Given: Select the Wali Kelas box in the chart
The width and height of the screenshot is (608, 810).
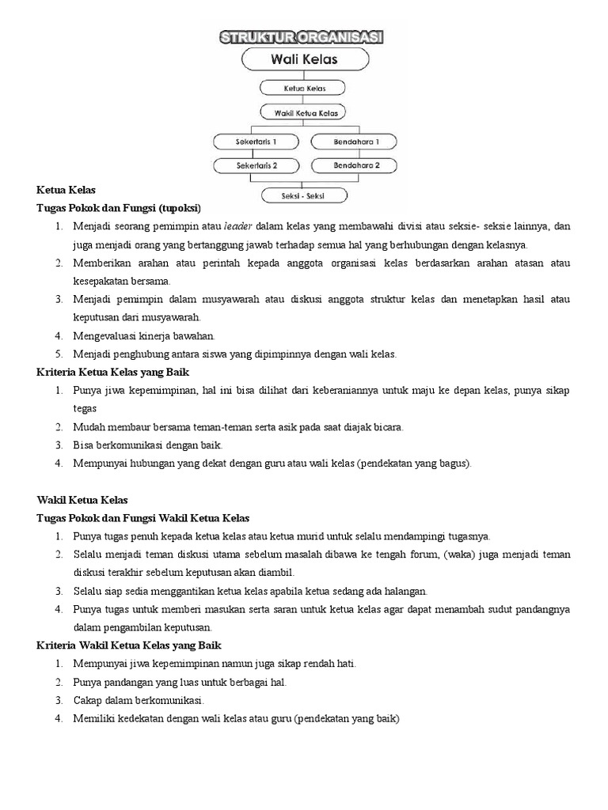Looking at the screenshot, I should pos(304,59).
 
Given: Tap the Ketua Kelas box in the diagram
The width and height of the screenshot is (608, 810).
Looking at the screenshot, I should pos(304,89).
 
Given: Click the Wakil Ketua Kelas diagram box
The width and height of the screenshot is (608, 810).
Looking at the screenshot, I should pos(304,113).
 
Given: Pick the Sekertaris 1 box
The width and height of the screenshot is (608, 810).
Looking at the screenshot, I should pos(256,142).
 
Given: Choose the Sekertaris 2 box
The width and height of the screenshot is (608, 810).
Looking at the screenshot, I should pos(256,166).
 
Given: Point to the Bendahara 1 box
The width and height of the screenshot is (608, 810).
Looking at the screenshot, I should pos(355,142).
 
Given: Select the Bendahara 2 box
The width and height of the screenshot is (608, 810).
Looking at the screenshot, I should pos(355,166).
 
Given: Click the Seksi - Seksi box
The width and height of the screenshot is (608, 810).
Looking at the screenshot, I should pos(304,195).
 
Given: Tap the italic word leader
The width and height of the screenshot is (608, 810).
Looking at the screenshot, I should pos(238,226).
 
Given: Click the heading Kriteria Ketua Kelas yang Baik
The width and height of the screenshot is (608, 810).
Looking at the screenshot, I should pos(113,372).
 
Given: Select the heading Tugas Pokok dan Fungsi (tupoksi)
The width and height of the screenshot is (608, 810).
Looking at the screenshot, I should pos(119,208).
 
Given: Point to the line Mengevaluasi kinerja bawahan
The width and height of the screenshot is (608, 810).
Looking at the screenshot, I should pos(139,335).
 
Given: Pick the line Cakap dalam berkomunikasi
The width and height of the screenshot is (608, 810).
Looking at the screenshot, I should pos(139,700).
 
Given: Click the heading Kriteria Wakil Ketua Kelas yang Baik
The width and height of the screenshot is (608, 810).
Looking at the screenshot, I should pos(131,645).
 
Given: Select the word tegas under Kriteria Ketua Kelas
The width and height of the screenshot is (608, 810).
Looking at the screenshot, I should pos(85,409).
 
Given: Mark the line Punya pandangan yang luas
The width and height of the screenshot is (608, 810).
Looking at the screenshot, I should pos(180,682).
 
